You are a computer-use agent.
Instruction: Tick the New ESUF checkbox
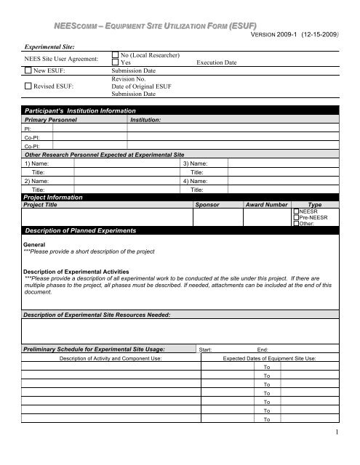pyautogui.click(x=28, y=70)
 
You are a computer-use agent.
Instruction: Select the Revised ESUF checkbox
pyautogui.click(x=28, y=86)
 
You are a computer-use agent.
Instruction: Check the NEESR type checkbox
pyautogui.click(x=295, y=211)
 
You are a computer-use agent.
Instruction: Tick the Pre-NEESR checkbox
pyautogui.click(x=295, y=217)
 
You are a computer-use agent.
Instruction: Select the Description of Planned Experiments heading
pyautogui.click(x=81, y=230)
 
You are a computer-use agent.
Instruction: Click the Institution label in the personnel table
pyautogui.click(x=145, y=118)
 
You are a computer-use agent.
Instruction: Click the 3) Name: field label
pyautogui.click(x=197, y=163)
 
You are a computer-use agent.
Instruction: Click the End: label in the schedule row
pyautogui.click(x=263, y=349)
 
